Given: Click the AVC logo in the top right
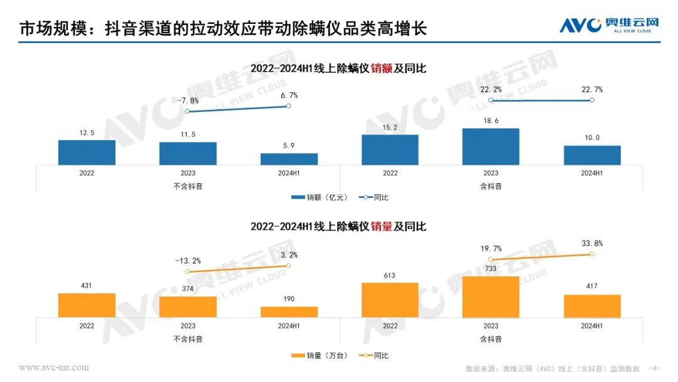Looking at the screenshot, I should (x=609, y=25).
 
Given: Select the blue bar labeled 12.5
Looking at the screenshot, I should (x=87, y=153).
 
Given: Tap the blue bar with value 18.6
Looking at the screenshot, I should (x=491, y=147).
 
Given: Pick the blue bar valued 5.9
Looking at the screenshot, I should (x=289, y=159).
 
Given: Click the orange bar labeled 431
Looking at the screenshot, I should (x=87, y=305).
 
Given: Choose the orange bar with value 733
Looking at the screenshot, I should (x=491, y=297).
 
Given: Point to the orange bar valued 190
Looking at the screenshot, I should (x=289, y=312).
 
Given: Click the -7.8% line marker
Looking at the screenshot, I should (x=188, y=112).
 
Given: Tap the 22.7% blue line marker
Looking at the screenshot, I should (x=592, y=101).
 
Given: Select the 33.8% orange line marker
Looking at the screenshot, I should (x=592, y=254).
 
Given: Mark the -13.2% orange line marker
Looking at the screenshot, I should (x=188, y=271).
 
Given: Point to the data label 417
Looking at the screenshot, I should (x=592, y=286).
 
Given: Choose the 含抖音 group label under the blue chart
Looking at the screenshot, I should (x=491, y=185).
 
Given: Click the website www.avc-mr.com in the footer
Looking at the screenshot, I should (x=54, y=368).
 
